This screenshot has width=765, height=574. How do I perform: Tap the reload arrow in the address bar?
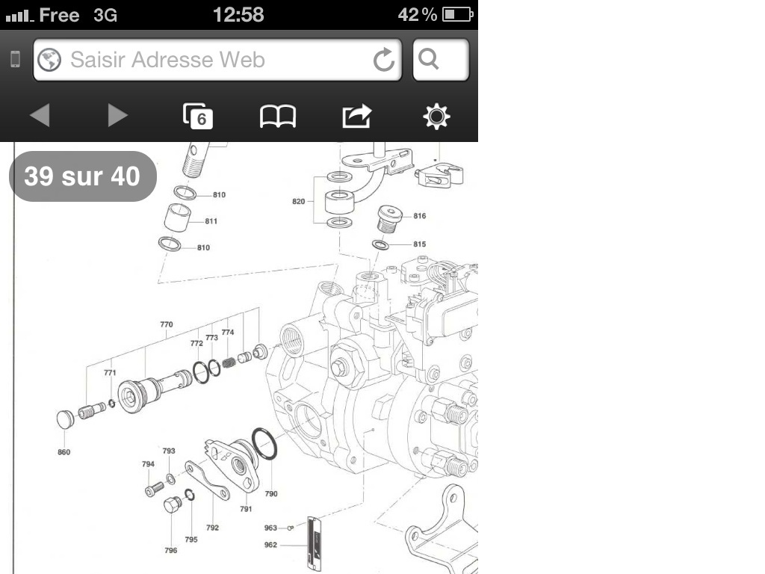tap(384, 60)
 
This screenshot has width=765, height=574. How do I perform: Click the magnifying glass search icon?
tap(428, 59)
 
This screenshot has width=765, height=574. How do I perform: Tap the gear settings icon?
tap(436, 116)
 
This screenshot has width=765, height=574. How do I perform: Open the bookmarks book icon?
tap(278, 117)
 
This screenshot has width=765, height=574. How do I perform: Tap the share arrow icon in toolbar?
tap(357, 116)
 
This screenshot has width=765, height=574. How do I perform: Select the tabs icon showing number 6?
tap(197, 116)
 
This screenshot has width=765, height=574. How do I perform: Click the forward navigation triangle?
tap(117, 115)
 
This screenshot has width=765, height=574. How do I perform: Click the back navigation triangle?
tap(40, 115)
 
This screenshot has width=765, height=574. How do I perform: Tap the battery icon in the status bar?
tap(458, 14)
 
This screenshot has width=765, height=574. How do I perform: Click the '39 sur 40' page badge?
tap(82, 176)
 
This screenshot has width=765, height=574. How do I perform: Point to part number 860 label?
tap(64, 452)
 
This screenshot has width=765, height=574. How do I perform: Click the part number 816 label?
tap(420, 216)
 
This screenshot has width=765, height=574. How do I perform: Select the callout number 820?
tap(299, 201)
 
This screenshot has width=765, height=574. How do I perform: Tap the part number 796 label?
tap(171, 550)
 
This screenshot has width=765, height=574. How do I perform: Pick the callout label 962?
tap(270, 545)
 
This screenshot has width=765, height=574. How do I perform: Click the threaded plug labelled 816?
tap(389, 219)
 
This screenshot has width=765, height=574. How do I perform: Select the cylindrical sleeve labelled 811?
tap(178, 217)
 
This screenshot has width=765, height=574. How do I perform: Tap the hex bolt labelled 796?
tap(173, 504)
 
